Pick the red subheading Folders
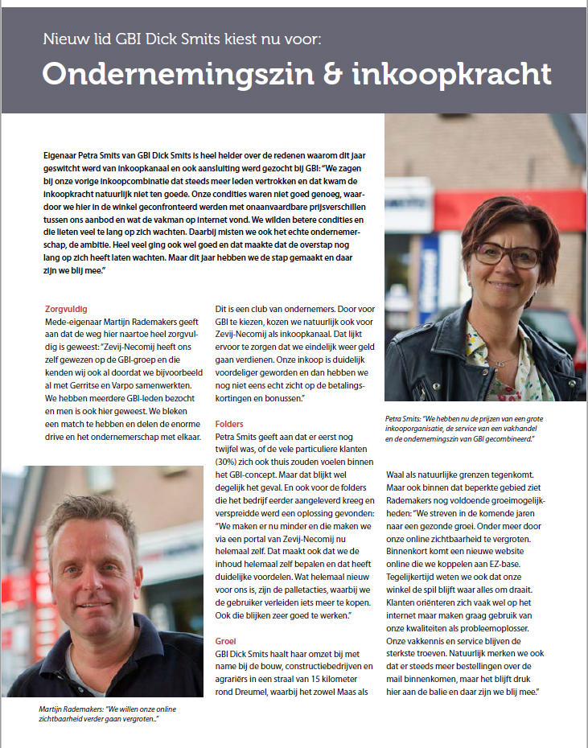229,424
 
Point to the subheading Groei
227,641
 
